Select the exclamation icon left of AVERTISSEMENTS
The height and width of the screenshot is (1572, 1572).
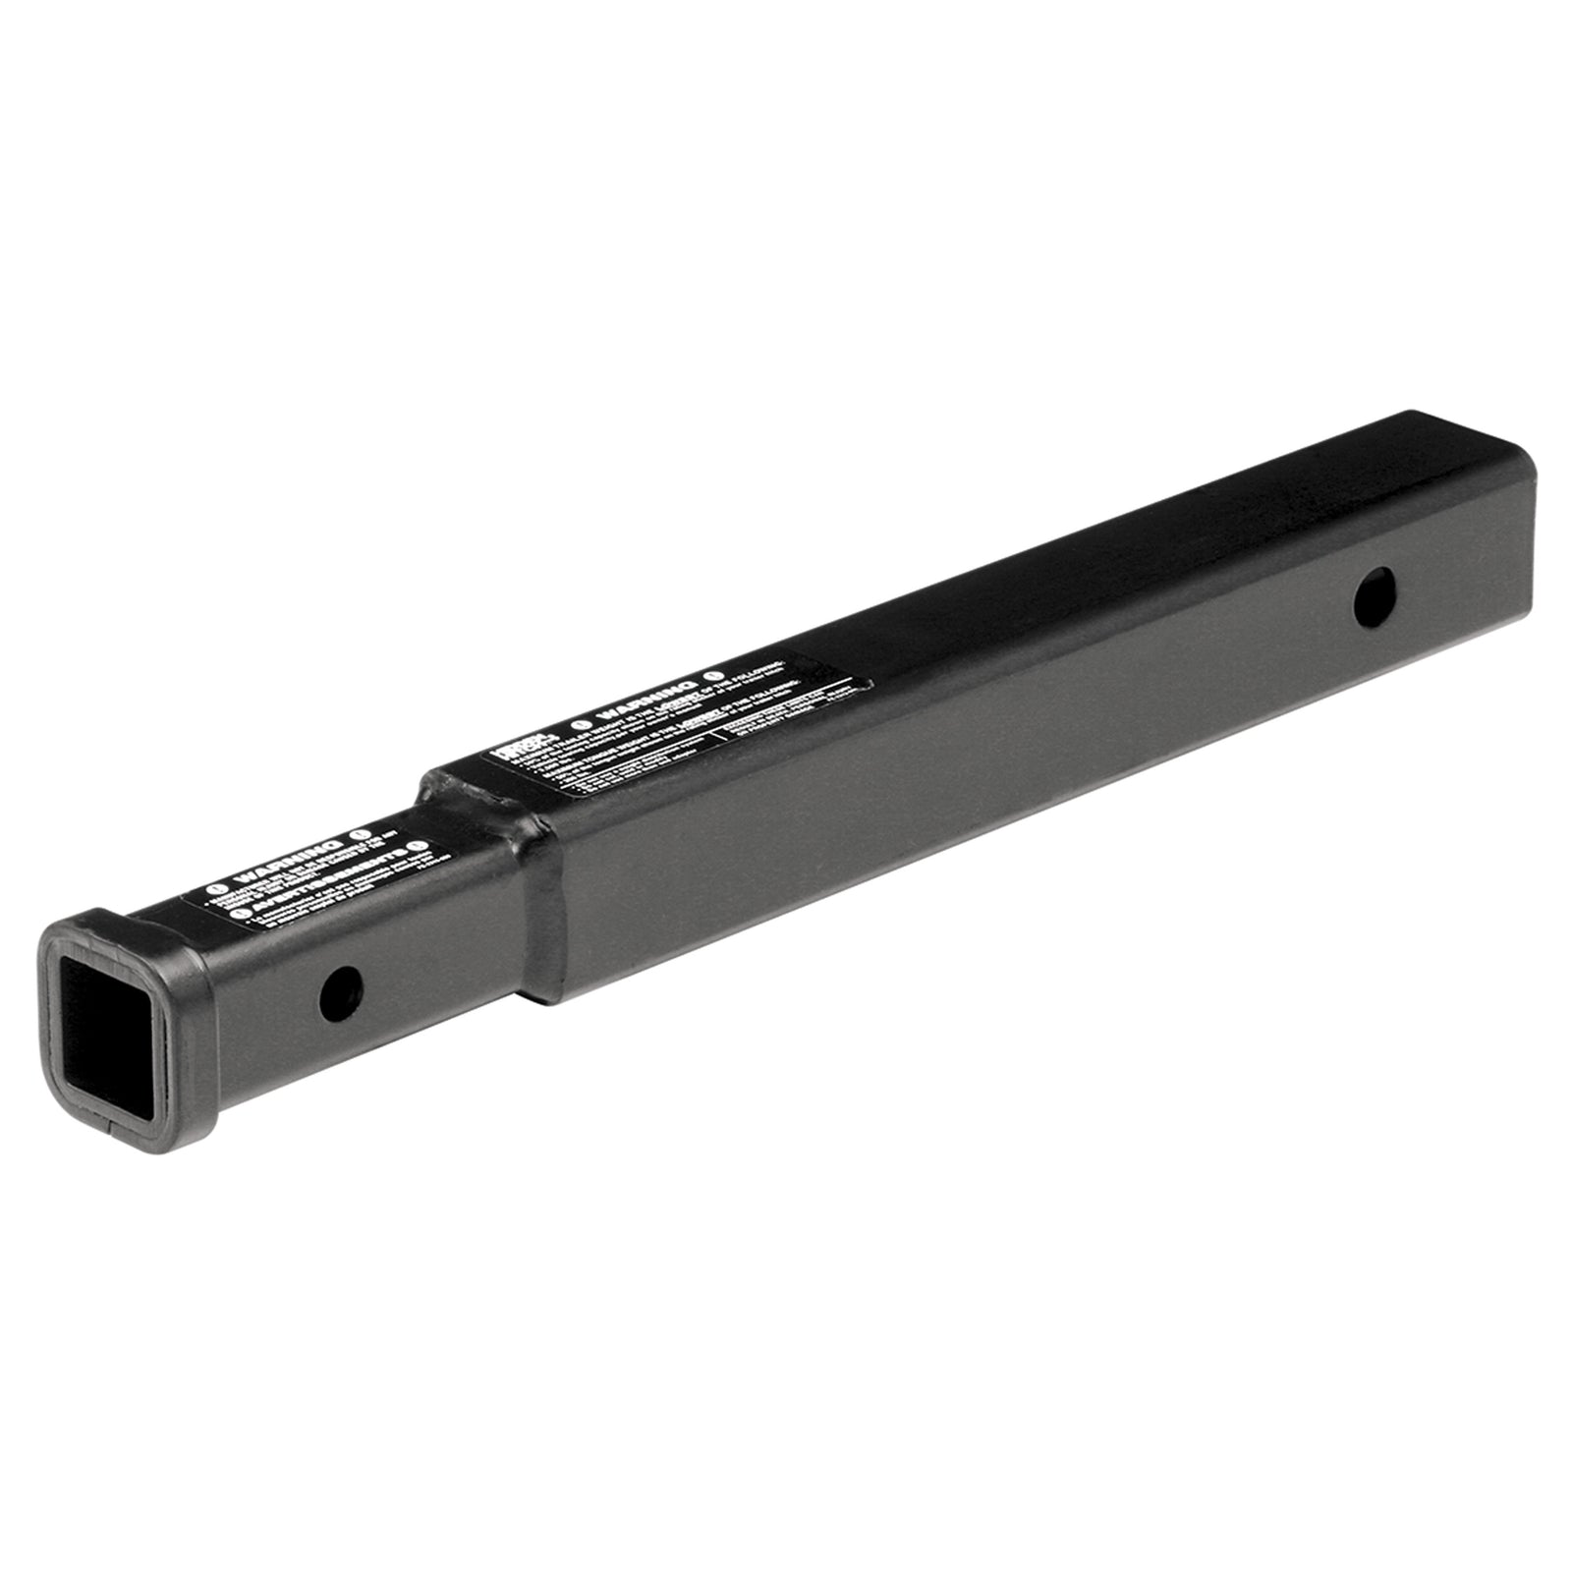pyautogui.click(x=240, y=913)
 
